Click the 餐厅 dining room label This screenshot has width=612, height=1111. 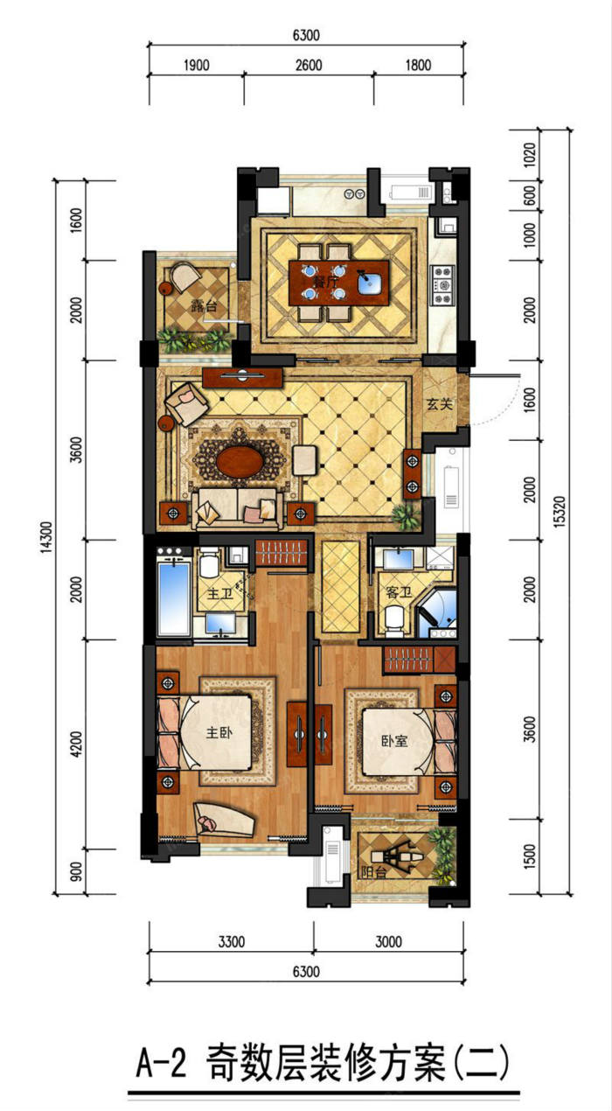click(325, 283)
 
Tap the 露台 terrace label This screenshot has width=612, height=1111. click(205, 306)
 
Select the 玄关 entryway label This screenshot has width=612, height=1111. click(440, 404)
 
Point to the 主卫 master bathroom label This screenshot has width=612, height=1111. click(219, 593)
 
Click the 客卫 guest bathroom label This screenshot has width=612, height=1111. click(399, 591)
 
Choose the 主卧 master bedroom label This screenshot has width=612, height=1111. click(219, 732)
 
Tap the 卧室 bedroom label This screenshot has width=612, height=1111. click(394, 741)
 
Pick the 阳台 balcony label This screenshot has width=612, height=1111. click(374, 872)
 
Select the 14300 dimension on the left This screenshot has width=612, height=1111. click(46, 538)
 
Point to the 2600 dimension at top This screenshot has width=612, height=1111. click(309, 65)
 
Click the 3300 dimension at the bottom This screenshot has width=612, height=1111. click(232, 941)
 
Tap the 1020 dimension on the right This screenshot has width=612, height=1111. click(530, 155)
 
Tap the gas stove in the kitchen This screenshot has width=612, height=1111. click(443, 285)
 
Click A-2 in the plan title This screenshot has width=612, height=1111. click(161, 1062)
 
